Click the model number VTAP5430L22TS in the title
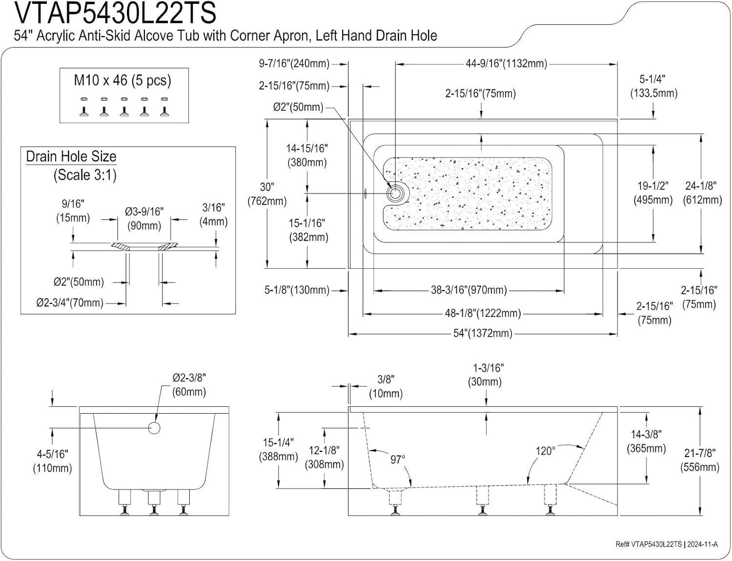115,14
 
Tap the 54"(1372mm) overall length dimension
483,334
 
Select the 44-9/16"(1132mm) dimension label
506,63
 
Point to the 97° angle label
398,460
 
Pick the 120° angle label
545,451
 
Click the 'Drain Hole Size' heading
71,157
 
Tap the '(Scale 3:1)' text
85,175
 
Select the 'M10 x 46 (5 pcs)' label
122,80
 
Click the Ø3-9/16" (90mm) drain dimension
144,219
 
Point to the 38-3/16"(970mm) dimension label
468,291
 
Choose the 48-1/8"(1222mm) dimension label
483,314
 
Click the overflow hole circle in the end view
154,428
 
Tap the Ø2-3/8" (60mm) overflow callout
189,385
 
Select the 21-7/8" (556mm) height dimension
700,460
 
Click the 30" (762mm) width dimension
267,194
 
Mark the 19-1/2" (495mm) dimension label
653,193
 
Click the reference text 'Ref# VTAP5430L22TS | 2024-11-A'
666,544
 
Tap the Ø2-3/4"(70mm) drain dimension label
70,303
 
